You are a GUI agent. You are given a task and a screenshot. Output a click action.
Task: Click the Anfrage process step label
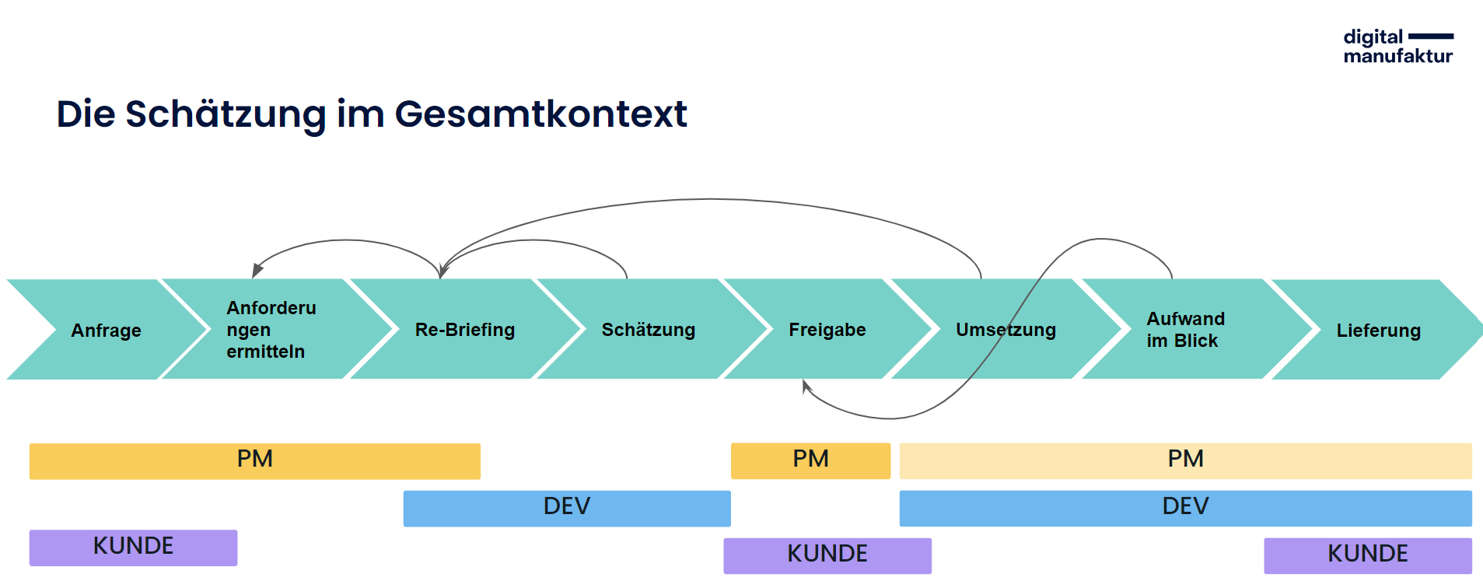tap(106, 331)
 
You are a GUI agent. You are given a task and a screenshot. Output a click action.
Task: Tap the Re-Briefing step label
tap(465, 330)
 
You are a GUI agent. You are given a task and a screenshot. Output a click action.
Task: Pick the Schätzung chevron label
tap(649, 330)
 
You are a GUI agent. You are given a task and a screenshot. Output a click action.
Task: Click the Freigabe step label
tap(827, 330)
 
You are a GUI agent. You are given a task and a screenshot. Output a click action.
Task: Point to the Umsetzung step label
tap(1006, 330)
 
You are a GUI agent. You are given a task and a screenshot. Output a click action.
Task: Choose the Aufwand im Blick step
tap(1186, 330)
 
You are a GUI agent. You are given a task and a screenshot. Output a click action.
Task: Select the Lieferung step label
tap(1378, 331)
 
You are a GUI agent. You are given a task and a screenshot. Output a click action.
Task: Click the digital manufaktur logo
tap(1398, 46)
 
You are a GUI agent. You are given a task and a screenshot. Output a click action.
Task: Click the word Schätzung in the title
tap(226, 114)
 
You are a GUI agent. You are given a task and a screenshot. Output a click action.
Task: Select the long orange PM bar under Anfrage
tap(255, 461)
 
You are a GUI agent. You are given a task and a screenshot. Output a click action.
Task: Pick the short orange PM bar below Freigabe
tap(810, 460)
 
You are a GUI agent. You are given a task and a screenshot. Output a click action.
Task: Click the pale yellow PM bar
tap(1185, 461)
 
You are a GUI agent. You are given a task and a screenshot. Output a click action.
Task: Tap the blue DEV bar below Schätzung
tap(567, 509)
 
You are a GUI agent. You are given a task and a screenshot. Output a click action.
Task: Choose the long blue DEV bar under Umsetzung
tap(1185, 509)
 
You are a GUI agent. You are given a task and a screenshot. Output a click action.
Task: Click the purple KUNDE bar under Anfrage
tap(133, 548)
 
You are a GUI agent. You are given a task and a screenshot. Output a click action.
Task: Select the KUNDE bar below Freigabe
tap(827, 556)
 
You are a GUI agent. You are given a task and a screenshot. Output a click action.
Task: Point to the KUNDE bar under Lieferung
tap(1368, 556)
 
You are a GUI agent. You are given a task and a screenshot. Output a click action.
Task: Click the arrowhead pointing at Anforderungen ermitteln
tap(257, 271)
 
